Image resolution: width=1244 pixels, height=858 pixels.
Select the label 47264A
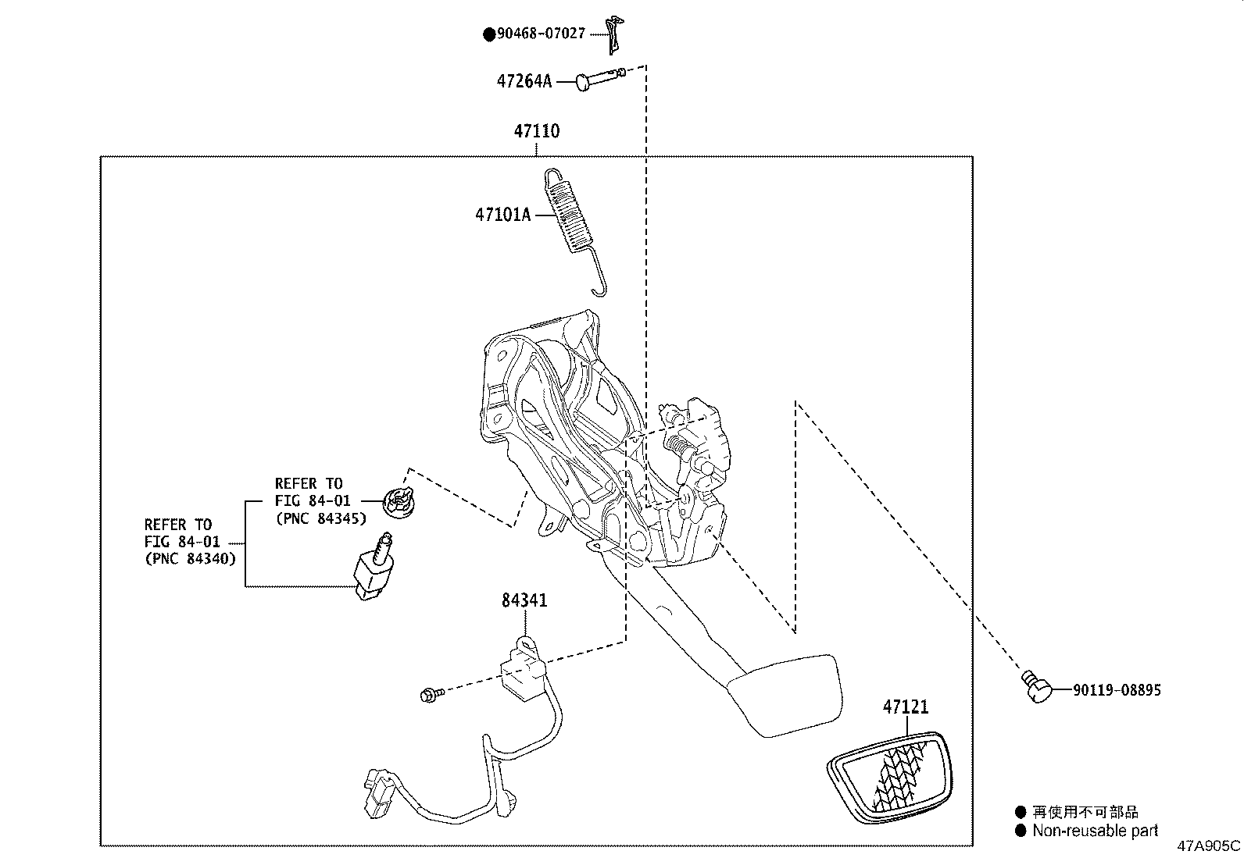tap(524, 81)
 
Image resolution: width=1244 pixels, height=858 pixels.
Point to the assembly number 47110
tap(536, 131)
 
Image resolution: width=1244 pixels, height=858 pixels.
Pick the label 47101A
tap(502, 215)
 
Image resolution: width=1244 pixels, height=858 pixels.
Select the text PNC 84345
tap(320, 518)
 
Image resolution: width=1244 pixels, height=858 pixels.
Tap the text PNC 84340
tap(190, 559)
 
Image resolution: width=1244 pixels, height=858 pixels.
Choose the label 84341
tap(524, 600)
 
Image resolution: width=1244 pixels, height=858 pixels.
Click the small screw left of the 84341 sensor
tap(431, 692)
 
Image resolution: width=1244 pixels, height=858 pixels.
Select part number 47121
tap(906, 707)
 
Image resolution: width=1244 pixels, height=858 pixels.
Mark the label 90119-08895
tap(1116, 690)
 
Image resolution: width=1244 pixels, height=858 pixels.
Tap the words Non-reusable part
tap(1095, 831)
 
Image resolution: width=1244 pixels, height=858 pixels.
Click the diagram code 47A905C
tap(1209, 846)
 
